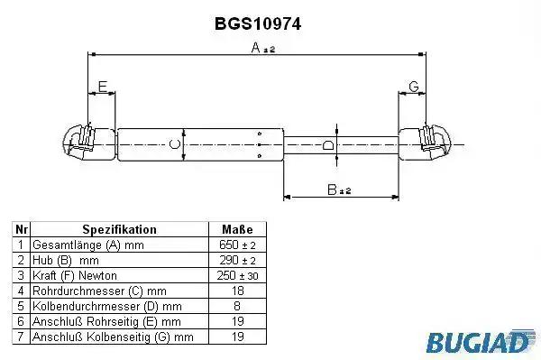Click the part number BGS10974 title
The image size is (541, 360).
point(258,24)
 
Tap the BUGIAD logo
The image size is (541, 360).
point(481,341)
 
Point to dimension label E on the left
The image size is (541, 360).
point(103,87)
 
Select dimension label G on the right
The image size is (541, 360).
point(413,87)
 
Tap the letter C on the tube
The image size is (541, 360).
point(175,144)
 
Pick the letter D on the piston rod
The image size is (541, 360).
point(328,145)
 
